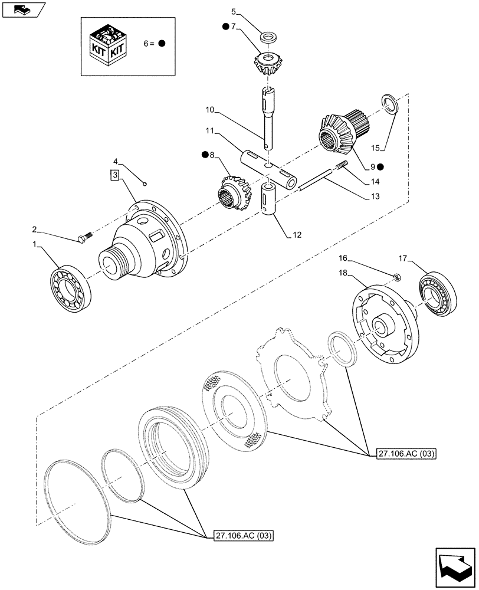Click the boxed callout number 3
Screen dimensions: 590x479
tap(114, 175)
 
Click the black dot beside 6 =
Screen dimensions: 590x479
tap(162, 44)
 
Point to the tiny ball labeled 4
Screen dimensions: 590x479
tap(146, 183)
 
